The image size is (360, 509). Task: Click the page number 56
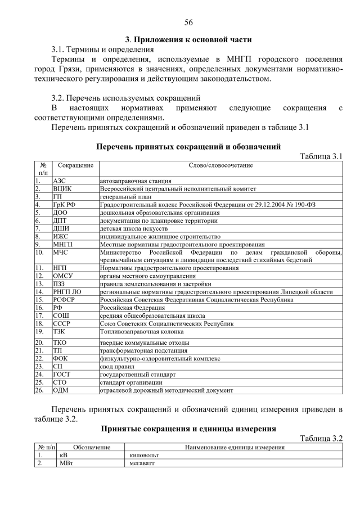point(188,22)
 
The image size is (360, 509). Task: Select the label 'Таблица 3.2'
point(321,438)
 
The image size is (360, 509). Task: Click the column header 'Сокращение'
point(75,165)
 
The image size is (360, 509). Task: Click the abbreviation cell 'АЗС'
point(59,181)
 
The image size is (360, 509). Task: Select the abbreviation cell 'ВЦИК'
point(62,189)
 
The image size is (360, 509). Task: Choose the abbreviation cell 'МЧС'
point(60,253)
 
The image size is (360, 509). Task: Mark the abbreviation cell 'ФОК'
point(60,358)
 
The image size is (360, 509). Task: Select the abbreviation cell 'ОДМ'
point(61,390)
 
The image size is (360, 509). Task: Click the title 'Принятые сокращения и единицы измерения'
point(188,429)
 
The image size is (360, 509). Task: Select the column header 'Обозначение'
point(90,447)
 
